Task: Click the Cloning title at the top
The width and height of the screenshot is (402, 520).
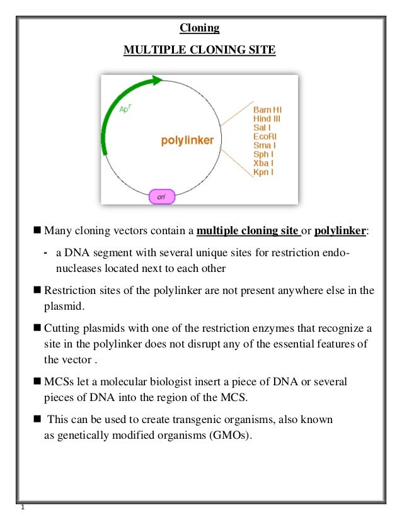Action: (x=200, y=28)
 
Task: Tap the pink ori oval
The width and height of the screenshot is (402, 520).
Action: (x=162, y=197)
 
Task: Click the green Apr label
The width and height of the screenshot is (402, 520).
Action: (x=126, y=108)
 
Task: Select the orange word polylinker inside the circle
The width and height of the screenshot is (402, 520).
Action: (x=187, y=140)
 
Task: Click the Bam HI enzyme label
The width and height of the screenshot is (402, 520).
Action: (x=267, y=109)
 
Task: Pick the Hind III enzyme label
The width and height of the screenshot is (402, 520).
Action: (x=267, y=118)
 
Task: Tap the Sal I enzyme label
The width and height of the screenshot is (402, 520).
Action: (x=262, y=127)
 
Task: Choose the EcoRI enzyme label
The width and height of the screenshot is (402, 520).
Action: (x=265, y=135)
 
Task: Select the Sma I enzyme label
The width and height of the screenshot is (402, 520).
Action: (x=263, y=144)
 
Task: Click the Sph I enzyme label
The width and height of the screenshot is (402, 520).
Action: (x=263, y=153)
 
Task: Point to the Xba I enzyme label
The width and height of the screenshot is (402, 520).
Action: (x=263, y=162)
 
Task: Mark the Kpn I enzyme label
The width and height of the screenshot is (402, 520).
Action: (x=263, y=171)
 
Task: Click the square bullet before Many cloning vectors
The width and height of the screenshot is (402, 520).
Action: (x=37, y=230)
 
